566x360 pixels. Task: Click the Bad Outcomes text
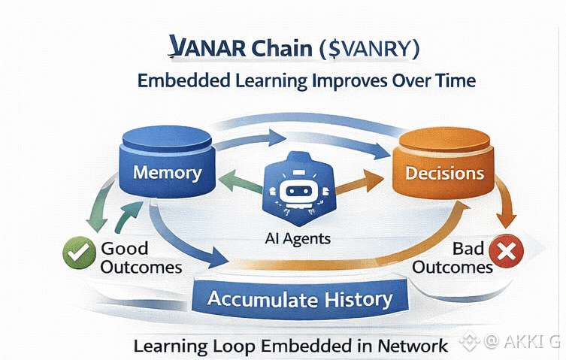coord(451,258)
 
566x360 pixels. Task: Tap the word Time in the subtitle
coord(453,80)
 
